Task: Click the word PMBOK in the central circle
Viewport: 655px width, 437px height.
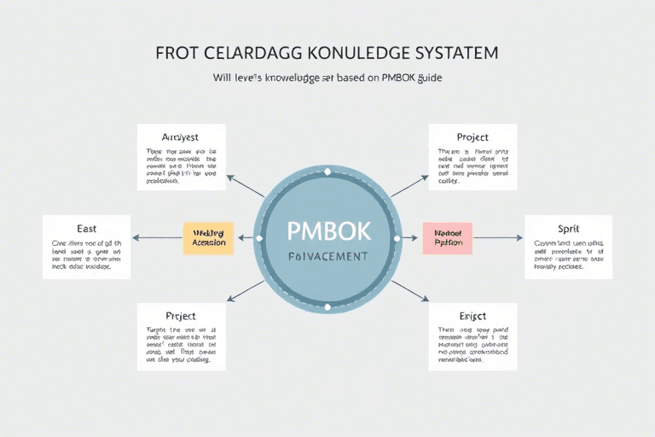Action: point(327,231)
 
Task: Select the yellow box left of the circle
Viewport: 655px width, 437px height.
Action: point(208,238)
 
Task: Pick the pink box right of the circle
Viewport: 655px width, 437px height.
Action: point(447,238)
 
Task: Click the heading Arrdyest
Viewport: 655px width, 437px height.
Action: point(181,137)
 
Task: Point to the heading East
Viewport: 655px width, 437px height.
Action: point(86,229)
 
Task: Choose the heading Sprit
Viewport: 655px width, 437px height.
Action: point(569,230)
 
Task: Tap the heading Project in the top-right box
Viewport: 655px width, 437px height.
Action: point(472,137)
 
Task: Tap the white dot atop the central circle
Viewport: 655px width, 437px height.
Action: point(327,173)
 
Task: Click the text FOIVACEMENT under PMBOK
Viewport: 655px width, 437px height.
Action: point(327,256)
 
